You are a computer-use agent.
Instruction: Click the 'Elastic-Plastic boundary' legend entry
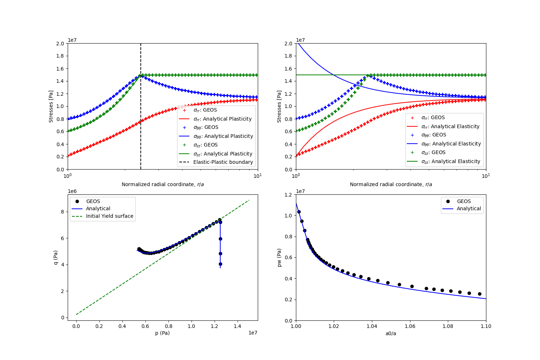(x=223, y=162)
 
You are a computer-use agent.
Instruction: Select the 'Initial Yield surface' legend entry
(x=109, y=216)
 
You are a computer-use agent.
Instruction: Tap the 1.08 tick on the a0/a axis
(x=448, y=326)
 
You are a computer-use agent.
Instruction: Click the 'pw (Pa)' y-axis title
(x=279, y=257)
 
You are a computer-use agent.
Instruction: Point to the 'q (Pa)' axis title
(x=56, y=257)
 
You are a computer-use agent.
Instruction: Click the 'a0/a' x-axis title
(x=391, y=333)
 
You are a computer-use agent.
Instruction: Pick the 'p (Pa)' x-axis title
(x=162, y=333)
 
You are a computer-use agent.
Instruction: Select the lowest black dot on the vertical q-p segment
(x=220, y=264)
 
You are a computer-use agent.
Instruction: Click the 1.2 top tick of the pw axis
(x=289, y=195)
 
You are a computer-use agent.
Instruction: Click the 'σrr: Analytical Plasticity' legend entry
(x=222, y=119)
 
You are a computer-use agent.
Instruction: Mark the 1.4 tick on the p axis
(x=237, y=326)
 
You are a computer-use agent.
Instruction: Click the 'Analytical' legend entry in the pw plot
(x=469, y=208)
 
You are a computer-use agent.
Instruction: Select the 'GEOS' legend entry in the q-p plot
(x=93, y=201)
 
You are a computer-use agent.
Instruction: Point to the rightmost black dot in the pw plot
(x=480, y=294)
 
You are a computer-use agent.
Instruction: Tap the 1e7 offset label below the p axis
(x=253, y=333)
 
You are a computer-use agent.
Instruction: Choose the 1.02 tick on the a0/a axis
(x=334, y=326)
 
